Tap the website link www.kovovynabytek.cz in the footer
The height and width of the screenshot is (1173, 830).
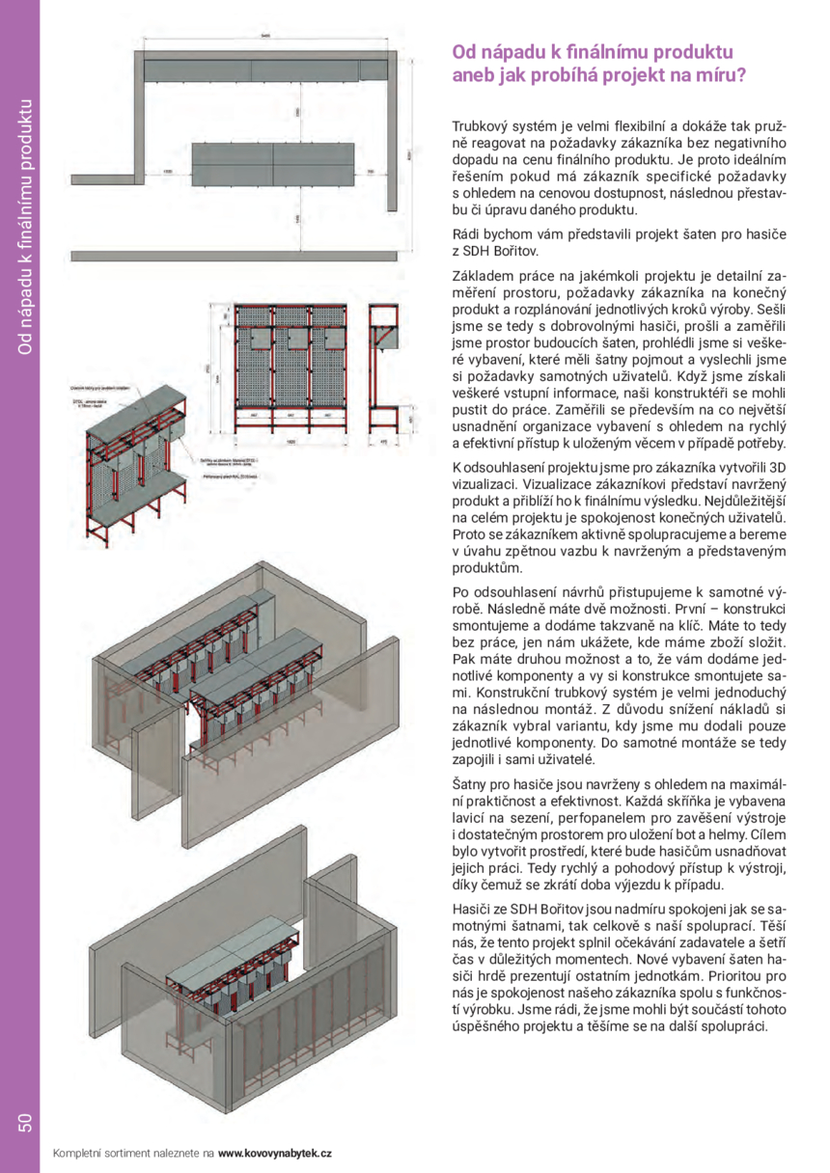tap(275, 1153)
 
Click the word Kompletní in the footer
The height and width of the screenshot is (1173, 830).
tap(76, 1153)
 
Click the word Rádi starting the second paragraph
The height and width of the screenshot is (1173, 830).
tap(467, 234)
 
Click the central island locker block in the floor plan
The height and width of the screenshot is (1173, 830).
tap(275, 165)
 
